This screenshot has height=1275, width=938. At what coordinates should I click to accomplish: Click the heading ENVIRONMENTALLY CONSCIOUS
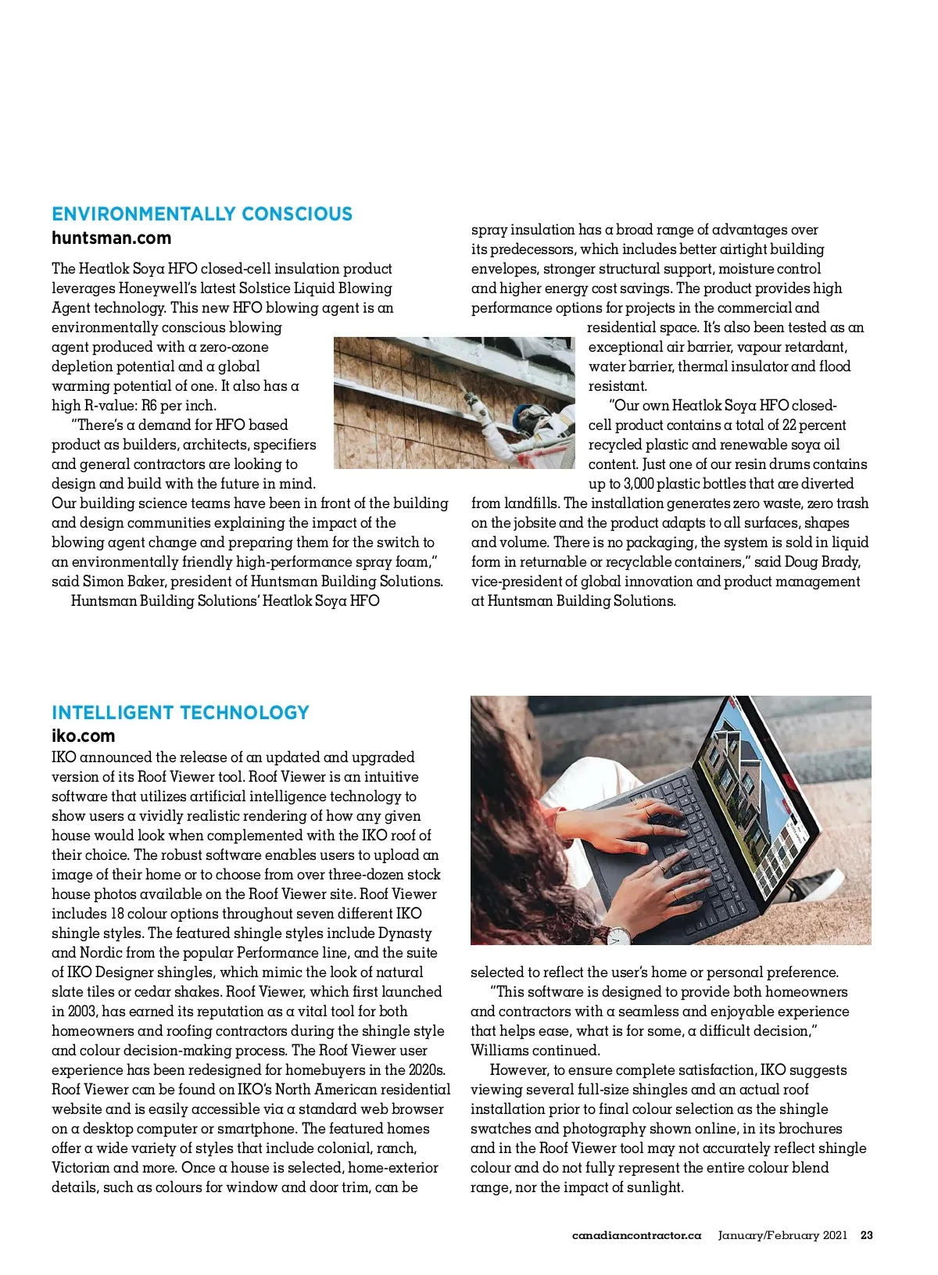pyautogui.click(x=202, y=214)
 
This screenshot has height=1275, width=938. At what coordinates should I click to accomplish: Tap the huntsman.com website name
pyautogui.click(x=111, y=238)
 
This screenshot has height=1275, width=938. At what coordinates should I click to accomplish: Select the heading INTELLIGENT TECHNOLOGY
pyautogui.click(x=181, y=713)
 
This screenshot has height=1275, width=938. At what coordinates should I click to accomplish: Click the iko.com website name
pyautogui.click(x=83, y=736)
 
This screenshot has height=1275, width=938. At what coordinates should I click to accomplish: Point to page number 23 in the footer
pyautogui.click(x=866, y=1236)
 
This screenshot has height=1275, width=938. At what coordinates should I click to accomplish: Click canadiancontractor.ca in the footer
pyautogui.click(x=637, y=1236)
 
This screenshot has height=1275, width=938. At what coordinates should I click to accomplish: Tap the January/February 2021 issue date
pyautogui.click(x=782, y=1236)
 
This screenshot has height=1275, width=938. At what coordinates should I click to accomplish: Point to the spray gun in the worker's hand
pyautogui.click(x=471, y=399)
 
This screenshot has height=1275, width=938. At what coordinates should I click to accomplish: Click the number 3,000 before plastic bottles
pyautogui.click(x=639, y=484)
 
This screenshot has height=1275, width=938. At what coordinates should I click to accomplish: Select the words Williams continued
pyautogui.click(x=535, y=1051)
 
